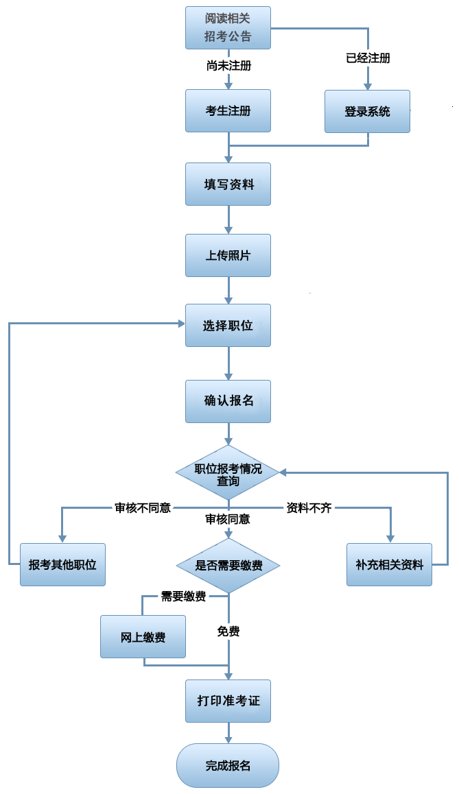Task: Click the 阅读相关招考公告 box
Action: point(228,27)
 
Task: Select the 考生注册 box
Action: point(228,110)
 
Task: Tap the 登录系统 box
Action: point(367,111)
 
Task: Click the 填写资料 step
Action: point(228,184)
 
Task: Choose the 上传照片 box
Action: point(228,255)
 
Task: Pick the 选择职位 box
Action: point(228,326)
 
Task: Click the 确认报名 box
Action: point(228,400)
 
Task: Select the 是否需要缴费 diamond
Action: point(228,566)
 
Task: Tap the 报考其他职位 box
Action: point(62,564)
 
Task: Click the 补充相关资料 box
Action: point(389,564)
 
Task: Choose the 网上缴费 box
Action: point(143,637)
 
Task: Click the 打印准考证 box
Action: point(228,701)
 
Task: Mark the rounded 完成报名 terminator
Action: point(228,765)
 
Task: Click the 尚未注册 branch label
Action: point(228,67)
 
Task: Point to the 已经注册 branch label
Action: point(368,58)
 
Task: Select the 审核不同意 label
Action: point(143,508)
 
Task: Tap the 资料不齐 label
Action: point(309,508)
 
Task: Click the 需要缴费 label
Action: point(183,597)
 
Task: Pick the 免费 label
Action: point(228,631)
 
